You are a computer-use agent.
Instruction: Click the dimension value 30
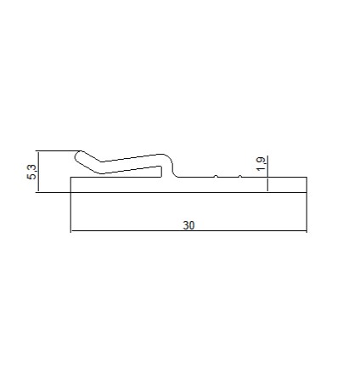[188, 225]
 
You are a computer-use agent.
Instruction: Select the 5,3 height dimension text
[32, 172]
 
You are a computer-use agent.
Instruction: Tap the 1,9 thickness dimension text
[261, 164]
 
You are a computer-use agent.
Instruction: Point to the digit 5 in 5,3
[32, 176]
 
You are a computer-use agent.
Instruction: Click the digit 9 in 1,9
[262, 160]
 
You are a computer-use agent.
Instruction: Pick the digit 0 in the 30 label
[192, 225]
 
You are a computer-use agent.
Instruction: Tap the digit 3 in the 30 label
[186, 225]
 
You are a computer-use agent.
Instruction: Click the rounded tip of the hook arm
[78, 156]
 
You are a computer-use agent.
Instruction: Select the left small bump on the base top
[216, 176]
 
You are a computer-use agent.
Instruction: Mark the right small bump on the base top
[240, 176]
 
